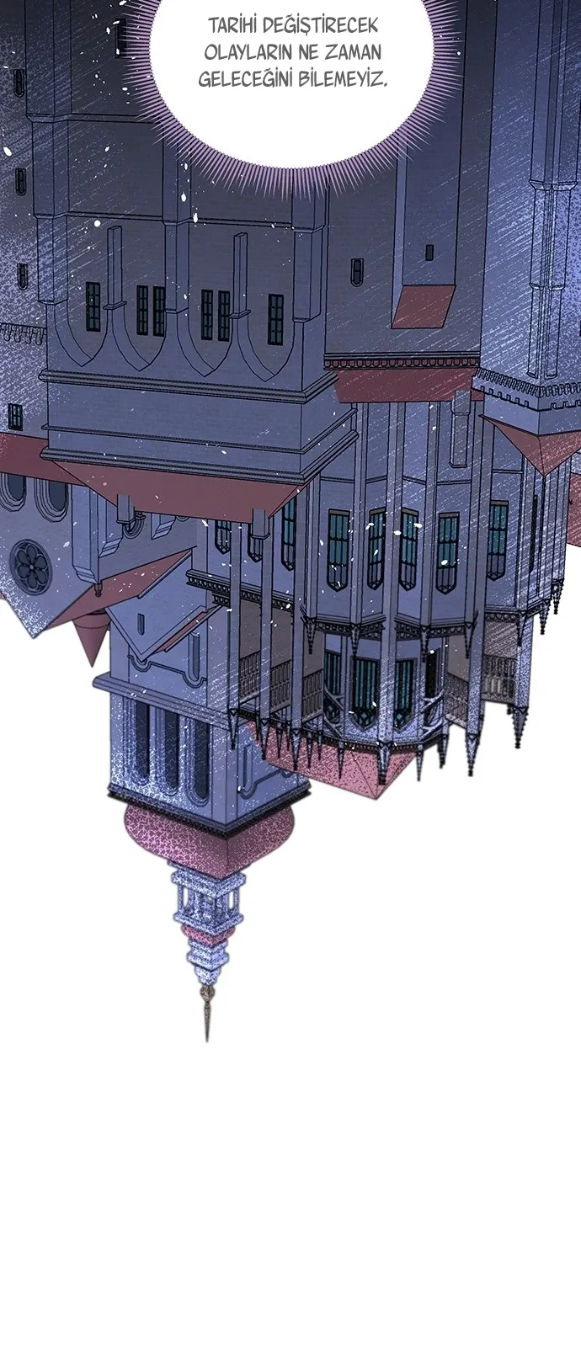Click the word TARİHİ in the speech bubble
pos(231,25)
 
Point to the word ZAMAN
pos(353,52)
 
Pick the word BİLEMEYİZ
pos(343,79)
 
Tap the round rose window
pos(27,562)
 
